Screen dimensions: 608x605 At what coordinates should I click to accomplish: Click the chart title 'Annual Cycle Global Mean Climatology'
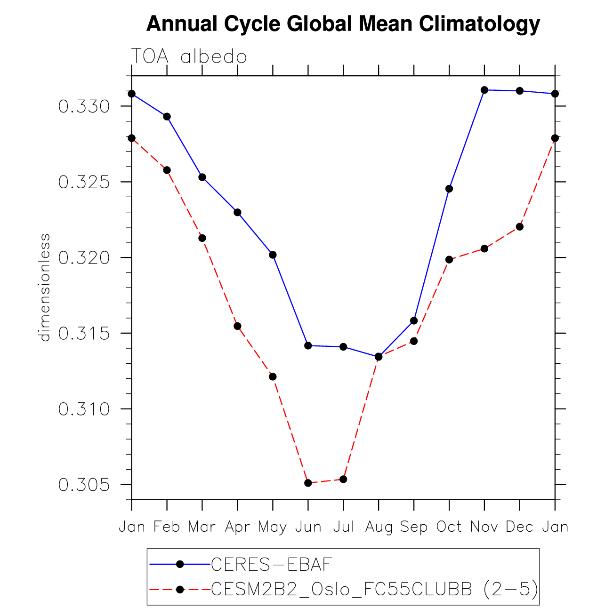point(343,24)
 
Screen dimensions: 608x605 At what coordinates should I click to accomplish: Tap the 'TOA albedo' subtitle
point(189,56)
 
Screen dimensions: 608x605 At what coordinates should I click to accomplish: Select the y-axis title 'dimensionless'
point(45,288)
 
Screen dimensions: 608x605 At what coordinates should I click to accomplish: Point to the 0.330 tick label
point(84,107)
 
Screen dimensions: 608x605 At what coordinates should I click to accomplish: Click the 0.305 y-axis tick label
point(84,485)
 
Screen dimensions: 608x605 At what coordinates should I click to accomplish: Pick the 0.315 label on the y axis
point(84,334)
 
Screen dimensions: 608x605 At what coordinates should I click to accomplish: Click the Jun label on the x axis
point(308,527)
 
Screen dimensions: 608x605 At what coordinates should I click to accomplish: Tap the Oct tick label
point(449,527)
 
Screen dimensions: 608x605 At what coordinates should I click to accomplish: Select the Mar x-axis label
point(202,527)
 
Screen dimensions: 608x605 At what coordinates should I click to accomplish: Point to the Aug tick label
point(379,527)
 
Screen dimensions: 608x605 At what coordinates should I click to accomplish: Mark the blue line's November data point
point(484,90)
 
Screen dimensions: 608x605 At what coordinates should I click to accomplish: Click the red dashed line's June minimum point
point(308,483)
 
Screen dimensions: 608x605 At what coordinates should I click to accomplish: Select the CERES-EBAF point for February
point(167,117)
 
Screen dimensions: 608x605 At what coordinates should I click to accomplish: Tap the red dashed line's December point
point(520,227)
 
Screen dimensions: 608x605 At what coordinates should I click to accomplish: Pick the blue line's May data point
point(273,255)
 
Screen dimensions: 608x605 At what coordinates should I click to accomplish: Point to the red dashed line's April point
point(237,326)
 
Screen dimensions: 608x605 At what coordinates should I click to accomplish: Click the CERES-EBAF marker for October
point(449,189)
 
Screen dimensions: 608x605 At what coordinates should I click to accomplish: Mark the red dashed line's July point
point(343,479)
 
